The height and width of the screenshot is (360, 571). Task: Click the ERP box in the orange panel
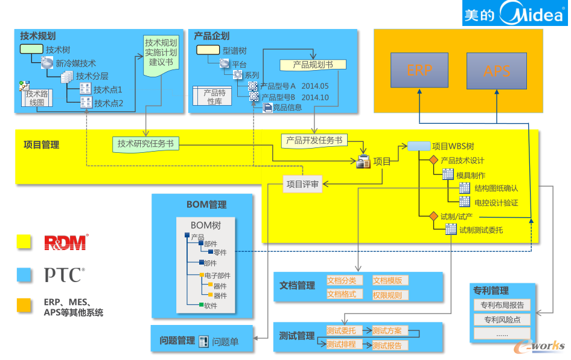click(419, 71)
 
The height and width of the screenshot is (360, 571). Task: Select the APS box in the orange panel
click(497, 71)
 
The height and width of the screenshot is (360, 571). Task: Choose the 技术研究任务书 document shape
click(145, 144)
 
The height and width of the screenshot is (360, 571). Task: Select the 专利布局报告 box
click(502, 305)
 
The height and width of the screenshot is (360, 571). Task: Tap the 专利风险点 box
click(502, 320)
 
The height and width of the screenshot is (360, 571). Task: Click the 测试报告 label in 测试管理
click(387, 346)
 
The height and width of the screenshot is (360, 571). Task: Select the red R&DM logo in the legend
click(66, 242)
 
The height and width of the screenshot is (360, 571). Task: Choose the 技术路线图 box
click(36, 98)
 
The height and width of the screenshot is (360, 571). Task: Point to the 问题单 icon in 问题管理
click(203, 341)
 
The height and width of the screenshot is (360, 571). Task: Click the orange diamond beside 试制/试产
click(433, 216)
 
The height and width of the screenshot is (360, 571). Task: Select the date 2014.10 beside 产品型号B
click(314, 97)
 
